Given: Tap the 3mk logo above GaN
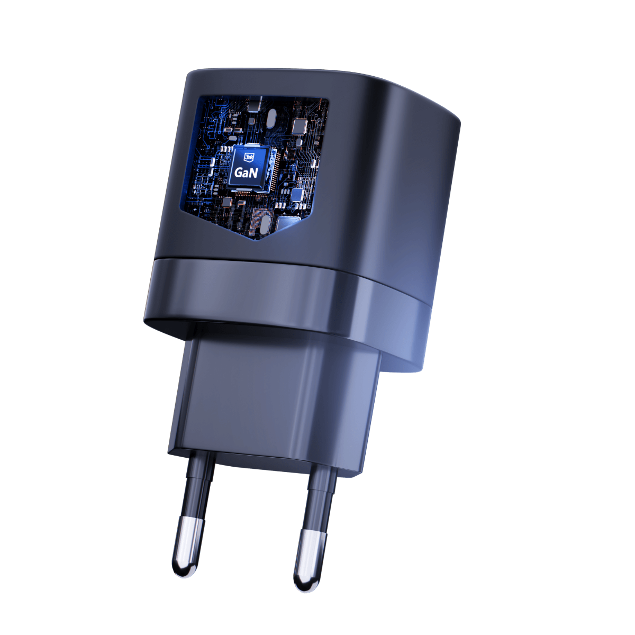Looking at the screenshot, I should point(247,157).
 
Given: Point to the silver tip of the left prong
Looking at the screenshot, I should point(185,545).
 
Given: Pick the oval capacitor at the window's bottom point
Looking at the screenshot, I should point(264,226).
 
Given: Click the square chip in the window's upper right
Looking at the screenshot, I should point(300,126).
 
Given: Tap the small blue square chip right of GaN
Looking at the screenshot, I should point(297,194).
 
